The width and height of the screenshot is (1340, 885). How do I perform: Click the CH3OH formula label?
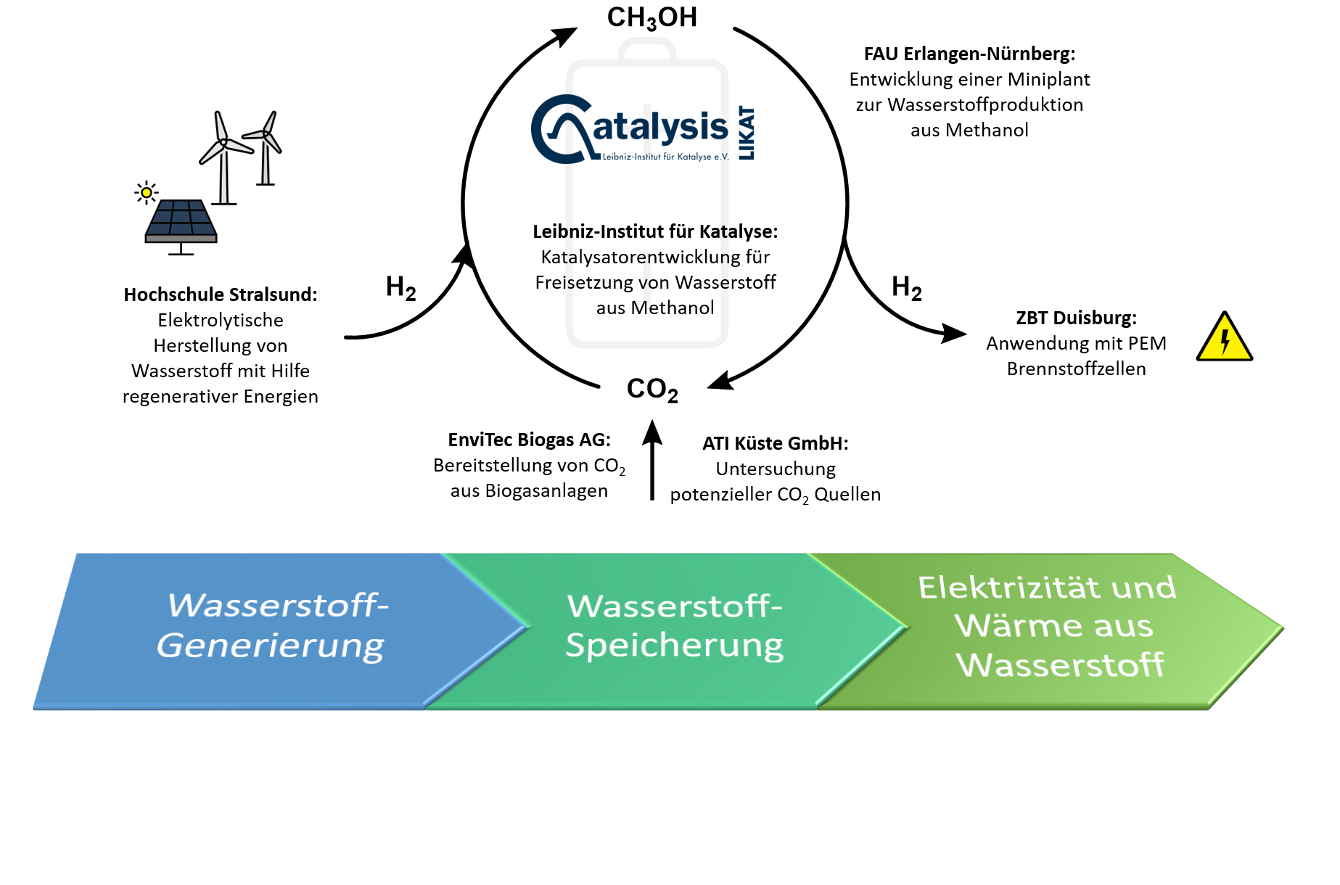pos(651,17)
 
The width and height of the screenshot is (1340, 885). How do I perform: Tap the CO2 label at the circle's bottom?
pos(651,390)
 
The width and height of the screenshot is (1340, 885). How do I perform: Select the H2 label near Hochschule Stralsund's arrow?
pos(400,288)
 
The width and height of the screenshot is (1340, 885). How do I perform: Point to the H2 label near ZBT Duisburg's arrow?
pos(906,288)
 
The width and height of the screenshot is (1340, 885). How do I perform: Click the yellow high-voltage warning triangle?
pos(1224,338)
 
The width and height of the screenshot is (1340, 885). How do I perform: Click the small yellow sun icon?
pos(147,192)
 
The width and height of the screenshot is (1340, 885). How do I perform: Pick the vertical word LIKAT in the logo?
pos(746,133)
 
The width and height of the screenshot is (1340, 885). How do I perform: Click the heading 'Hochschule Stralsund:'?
pos(220,295)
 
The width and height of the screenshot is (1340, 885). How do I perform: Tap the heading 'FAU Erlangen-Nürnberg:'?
pos(969,54)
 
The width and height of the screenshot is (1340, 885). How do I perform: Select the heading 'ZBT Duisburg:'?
pos(1076,318)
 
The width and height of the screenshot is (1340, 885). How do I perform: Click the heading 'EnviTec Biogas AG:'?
pos(529,440)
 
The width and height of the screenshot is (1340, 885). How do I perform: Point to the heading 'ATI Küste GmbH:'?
pos(775,443)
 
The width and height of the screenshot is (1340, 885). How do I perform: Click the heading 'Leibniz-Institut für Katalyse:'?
pos(654,231)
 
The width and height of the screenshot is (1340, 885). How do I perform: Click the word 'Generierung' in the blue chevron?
pos(270,646)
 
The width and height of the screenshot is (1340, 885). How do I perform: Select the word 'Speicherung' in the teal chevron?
pos(674,645)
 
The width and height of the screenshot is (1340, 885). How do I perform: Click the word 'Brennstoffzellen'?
pos(1076,369)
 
